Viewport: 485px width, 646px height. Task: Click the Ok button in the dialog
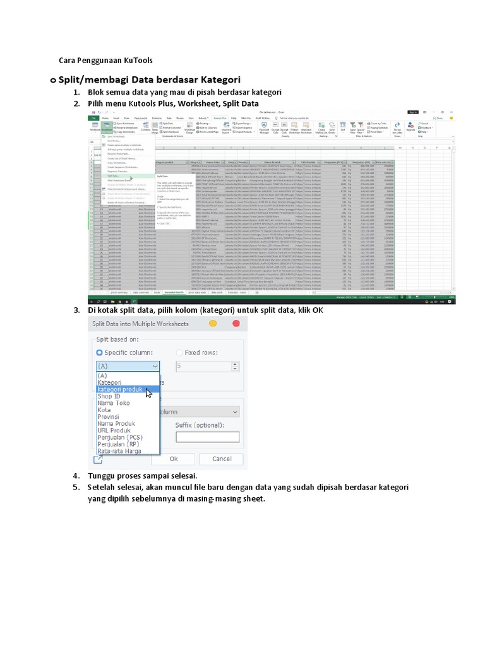[173, 459]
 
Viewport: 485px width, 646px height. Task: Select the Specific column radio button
[99, 353]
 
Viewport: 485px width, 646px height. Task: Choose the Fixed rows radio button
[179, 353]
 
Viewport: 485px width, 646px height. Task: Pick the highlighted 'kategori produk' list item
[119, 389]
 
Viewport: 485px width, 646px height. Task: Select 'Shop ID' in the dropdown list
[109, 396]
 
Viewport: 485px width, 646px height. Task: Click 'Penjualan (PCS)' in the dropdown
[120, 437]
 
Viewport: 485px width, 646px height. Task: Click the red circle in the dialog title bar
[236, 324]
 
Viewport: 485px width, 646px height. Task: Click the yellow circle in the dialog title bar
[213, 324]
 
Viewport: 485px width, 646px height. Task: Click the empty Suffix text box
[207, 437]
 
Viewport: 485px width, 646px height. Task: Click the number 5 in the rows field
[181, 365]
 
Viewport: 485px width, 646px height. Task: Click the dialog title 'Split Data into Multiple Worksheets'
[140, 324]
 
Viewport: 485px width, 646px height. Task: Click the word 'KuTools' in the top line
[138, 61]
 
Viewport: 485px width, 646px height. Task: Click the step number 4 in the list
[75, 476]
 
